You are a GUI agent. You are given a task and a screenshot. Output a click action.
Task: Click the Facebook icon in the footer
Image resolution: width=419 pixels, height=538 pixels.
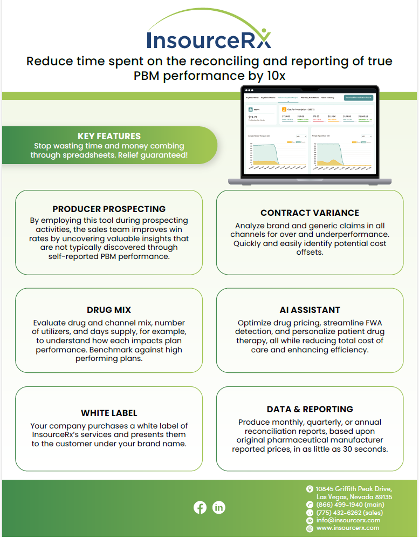200,507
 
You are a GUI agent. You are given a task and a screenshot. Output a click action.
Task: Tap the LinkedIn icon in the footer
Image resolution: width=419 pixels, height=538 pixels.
219,507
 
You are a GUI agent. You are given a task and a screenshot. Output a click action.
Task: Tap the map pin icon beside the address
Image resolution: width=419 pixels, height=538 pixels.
310,489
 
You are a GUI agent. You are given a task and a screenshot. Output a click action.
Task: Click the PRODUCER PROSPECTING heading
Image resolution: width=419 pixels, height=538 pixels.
109,209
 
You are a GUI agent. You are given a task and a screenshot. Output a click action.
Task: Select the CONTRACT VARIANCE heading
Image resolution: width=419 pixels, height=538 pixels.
310,213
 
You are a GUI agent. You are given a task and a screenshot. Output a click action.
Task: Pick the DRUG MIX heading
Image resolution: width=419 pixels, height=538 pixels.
109,310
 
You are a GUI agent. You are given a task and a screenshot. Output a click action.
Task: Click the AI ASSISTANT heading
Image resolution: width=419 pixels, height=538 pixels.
310,310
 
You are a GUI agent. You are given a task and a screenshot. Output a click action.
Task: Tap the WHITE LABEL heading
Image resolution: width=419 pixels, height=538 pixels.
109,413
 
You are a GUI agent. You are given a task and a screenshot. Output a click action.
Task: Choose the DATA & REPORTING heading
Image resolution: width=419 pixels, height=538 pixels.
310,410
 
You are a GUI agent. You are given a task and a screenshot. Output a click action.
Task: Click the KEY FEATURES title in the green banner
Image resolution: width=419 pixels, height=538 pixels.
109,137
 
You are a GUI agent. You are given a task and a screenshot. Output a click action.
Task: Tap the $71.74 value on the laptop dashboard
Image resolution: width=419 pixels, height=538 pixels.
253,117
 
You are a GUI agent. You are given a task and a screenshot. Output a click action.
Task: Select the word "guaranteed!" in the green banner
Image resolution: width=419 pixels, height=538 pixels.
163,155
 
